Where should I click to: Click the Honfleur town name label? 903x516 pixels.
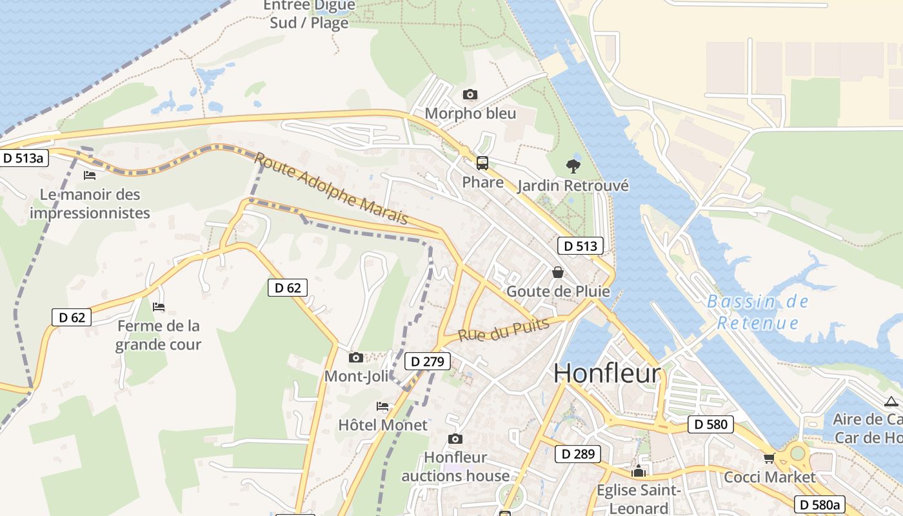pyautogui.click(x=607, y=373)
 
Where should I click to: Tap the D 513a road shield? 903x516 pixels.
pyautogui.click(x=25, y=158)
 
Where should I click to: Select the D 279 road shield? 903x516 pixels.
pyautogui.click(x=427, y=361)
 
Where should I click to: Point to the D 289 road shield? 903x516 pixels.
pyautogui.click(x=578, y=453)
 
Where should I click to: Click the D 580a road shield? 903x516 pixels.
pyautogui.click(x=819, y=504)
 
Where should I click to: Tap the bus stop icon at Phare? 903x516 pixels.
pyautogui.click(x=482, y=163)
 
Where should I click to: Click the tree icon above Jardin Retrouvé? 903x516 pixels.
pyautogui.click(x=573, y=166)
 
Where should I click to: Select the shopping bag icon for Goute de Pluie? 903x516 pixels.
pyautogui.click(x=558, y=272)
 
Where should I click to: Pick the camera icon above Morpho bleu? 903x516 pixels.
pyautogui.click(x=470, y=95)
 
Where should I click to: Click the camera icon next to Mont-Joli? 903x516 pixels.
pyautogui.click(x=355, y=357)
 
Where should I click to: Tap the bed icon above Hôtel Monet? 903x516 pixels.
pyautogui.click(x=382, y=406)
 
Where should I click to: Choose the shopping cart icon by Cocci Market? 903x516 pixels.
pyautogui.click(x=769, y=458)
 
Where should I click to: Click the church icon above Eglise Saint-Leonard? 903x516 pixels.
pyautogui.click(x=639, y=471)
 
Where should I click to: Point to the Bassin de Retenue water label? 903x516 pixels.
pyautogui.click(x=757, y=312)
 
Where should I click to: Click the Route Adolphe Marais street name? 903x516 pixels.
pyautogui.click(x=332, y=189)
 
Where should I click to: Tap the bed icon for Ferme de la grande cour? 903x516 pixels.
pyautogui.click(x=159, y=307)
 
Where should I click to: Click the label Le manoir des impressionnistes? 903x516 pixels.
pyautogui.click(x=90, y=203)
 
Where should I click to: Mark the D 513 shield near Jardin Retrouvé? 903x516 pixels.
pyautogui.click(x=580, y=246)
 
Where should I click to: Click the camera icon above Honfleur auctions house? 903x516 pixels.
pyautogui.click(x=455, y=439)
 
